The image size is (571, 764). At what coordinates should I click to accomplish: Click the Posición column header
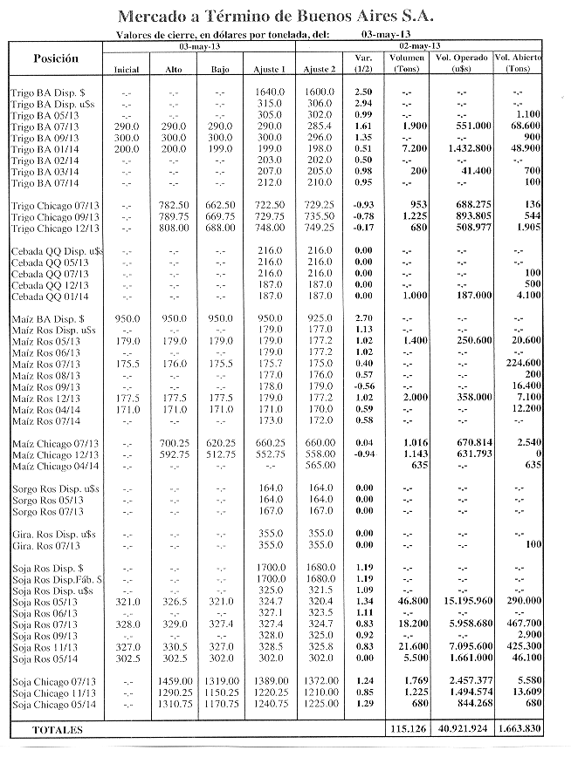click(55, 58)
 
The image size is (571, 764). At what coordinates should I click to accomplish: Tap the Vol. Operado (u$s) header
click(461, 63)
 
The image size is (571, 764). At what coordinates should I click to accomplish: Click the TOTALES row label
click(58, 729)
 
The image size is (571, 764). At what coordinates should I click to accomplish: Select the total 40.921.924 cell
click(463, 729)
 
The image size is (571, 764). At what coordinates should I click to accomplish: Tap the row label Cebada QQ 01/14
click(50, 296)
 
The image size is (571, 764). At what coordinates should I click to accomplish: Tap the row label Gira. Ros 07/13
click(44, 546)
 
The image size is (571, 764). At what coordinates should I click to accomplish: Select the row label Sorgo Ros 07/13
click(47, 512)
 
